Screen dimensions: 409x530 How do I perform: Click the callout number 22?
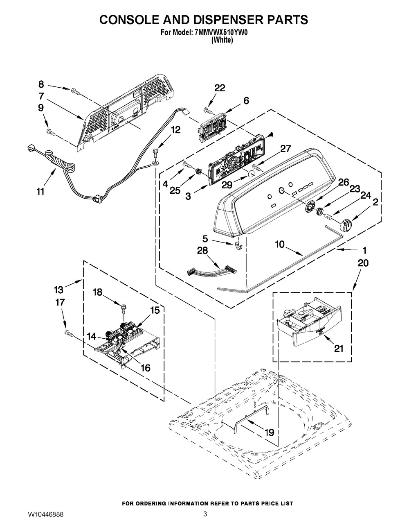220,88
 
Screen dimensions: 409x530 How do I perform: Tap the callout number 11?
40,191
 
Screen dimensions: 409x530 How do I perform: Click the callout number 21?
338,349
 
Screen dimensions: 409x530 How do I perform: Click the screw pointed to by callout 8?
75,91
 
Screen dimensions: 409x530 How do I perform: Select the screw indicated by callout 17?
69,333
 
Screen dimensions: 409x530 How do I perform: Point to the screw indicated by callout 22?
209,111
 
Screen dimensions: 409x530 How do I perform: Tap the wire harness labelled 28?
212,270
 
